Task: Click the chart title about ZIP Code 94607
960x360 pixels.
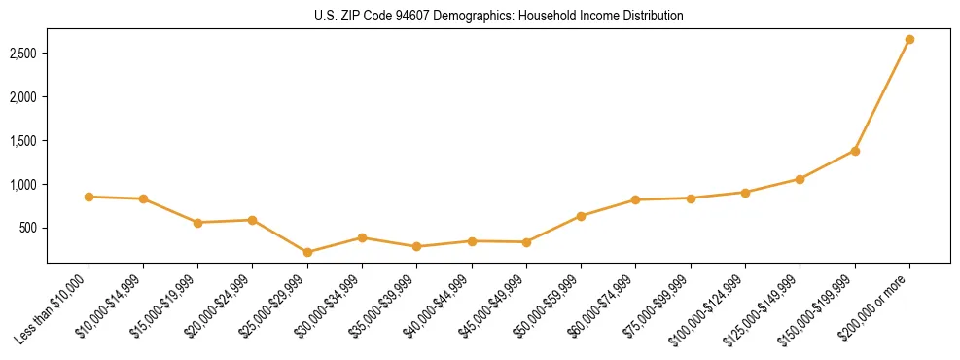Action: click(x=499, y=17)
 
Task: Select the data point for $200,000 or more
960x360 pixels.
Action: click(x=909, y=40)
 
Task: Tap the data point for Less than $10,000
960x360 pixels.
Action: click(x=89, y=197)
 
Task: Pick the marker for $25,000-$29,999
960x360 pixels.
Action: click(x=307, y=252)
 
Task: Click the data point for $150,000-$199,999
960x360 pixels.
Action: click(x=855, y=151)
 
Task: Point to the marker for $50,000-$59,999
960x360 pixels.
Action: click(x=581, y=216)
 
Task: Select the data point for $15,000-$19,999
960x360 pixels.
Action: click(x=198, y=223)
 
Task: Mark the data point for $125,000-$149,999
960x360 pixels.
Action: click(x=800, y=179)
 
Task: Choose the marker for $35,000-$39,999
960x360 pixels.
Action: click(x=417, y=246)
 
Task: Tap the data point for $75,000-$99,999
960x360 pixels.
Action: click(x=691, y=198)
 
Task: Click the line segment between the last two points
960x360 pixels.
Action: click(x=882, y=95)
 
